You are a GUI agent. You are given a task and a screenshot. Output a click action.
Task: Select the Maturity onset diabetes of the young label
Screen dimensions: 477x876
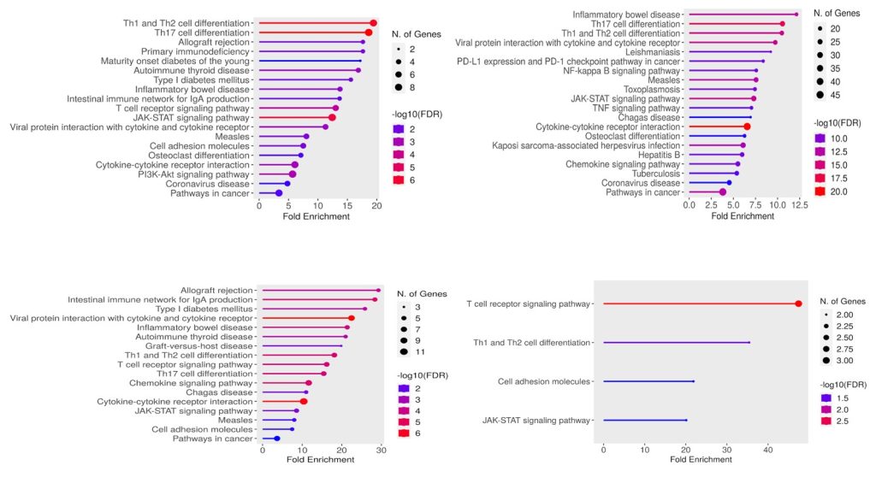click(175, 61)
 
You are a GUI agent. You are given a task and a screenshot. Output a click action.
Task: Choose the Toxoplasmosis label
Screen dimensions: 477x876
click(652, 89)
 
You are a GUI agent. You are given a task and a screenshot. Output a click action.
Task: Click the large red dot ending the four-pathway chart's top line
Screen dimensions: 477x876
click(798, 303)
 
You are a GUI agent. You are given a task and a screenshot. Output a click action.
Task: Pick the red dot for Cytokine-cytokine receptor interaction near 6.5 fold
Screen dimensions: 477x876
click(747, 127)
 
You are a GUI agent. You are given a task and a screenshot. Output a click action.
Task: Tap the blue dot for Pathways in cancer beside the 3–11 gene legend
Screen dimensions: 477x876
click(277, 439)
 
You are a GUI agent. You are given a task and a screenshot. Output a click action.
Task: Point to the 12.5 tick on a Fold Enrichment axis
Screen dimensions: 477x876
click(799, 206)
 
